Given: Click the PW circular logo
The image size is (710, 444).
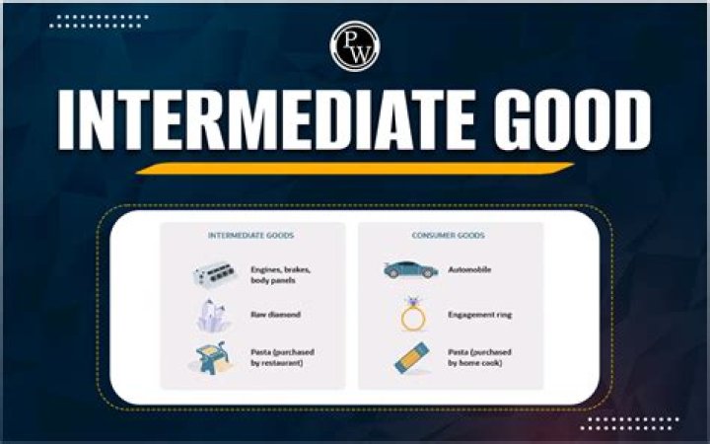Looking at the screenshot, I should tap(355, 46).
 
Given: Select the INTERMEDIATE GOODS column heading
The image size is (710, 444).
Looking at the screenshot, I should tap(251, 236).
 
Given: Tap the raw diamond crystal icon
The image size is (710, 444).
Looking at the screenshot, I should tap(209, 315).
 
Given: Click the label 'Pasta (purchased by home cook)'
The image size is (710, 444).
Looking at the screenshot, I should tap(482, 357).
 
